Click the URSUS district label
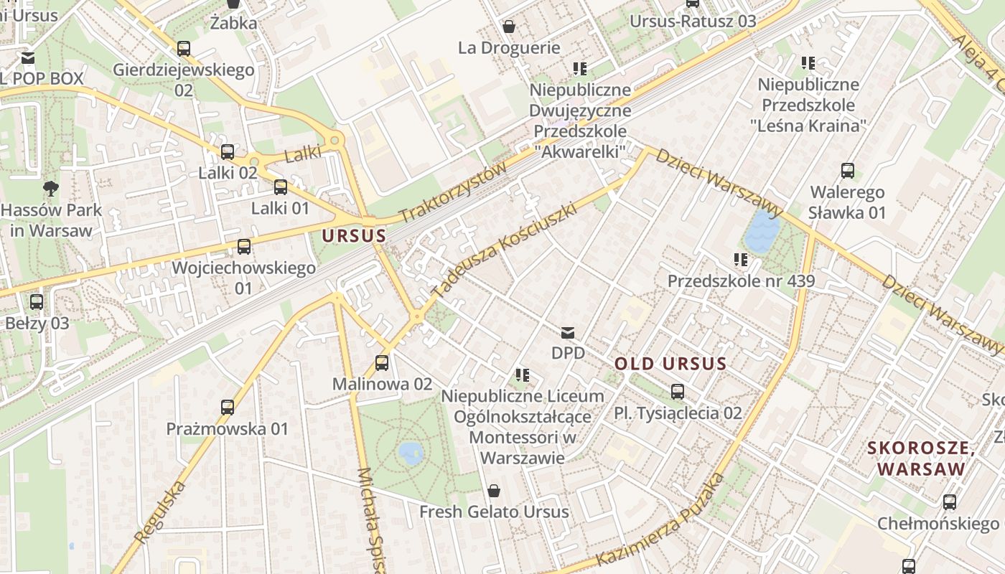click(x=354, y=235)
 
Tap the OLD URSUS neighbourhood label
click(x=670, y=364)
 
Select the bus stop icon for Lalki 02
click(x=228, y=152)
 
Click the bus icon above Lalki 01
click(x=281, y=187)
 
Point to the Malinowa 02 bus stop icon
click(x=382, y=363)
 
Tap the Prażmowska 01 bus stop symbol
click(x=228, y=408)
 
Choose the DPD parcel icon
click(x=568, y=332)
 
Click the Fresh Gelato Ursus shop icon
click(x=494, y=491)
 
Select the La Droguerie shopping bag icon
click(x=509, y=27)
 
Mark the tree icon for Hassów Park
click(x=50, y=189)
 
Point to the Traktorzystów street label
click(x=453, y=192)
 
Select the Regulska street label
click(x=160, y=512)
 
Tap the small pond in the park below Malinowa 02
click(x=411, y=453)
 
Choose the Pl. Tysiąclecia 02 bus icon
click(x=677, y=392)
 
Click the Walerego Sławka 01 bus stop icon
click(x=848, y=171)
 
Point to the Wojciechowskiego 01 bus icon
click(x=244, y=247)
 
